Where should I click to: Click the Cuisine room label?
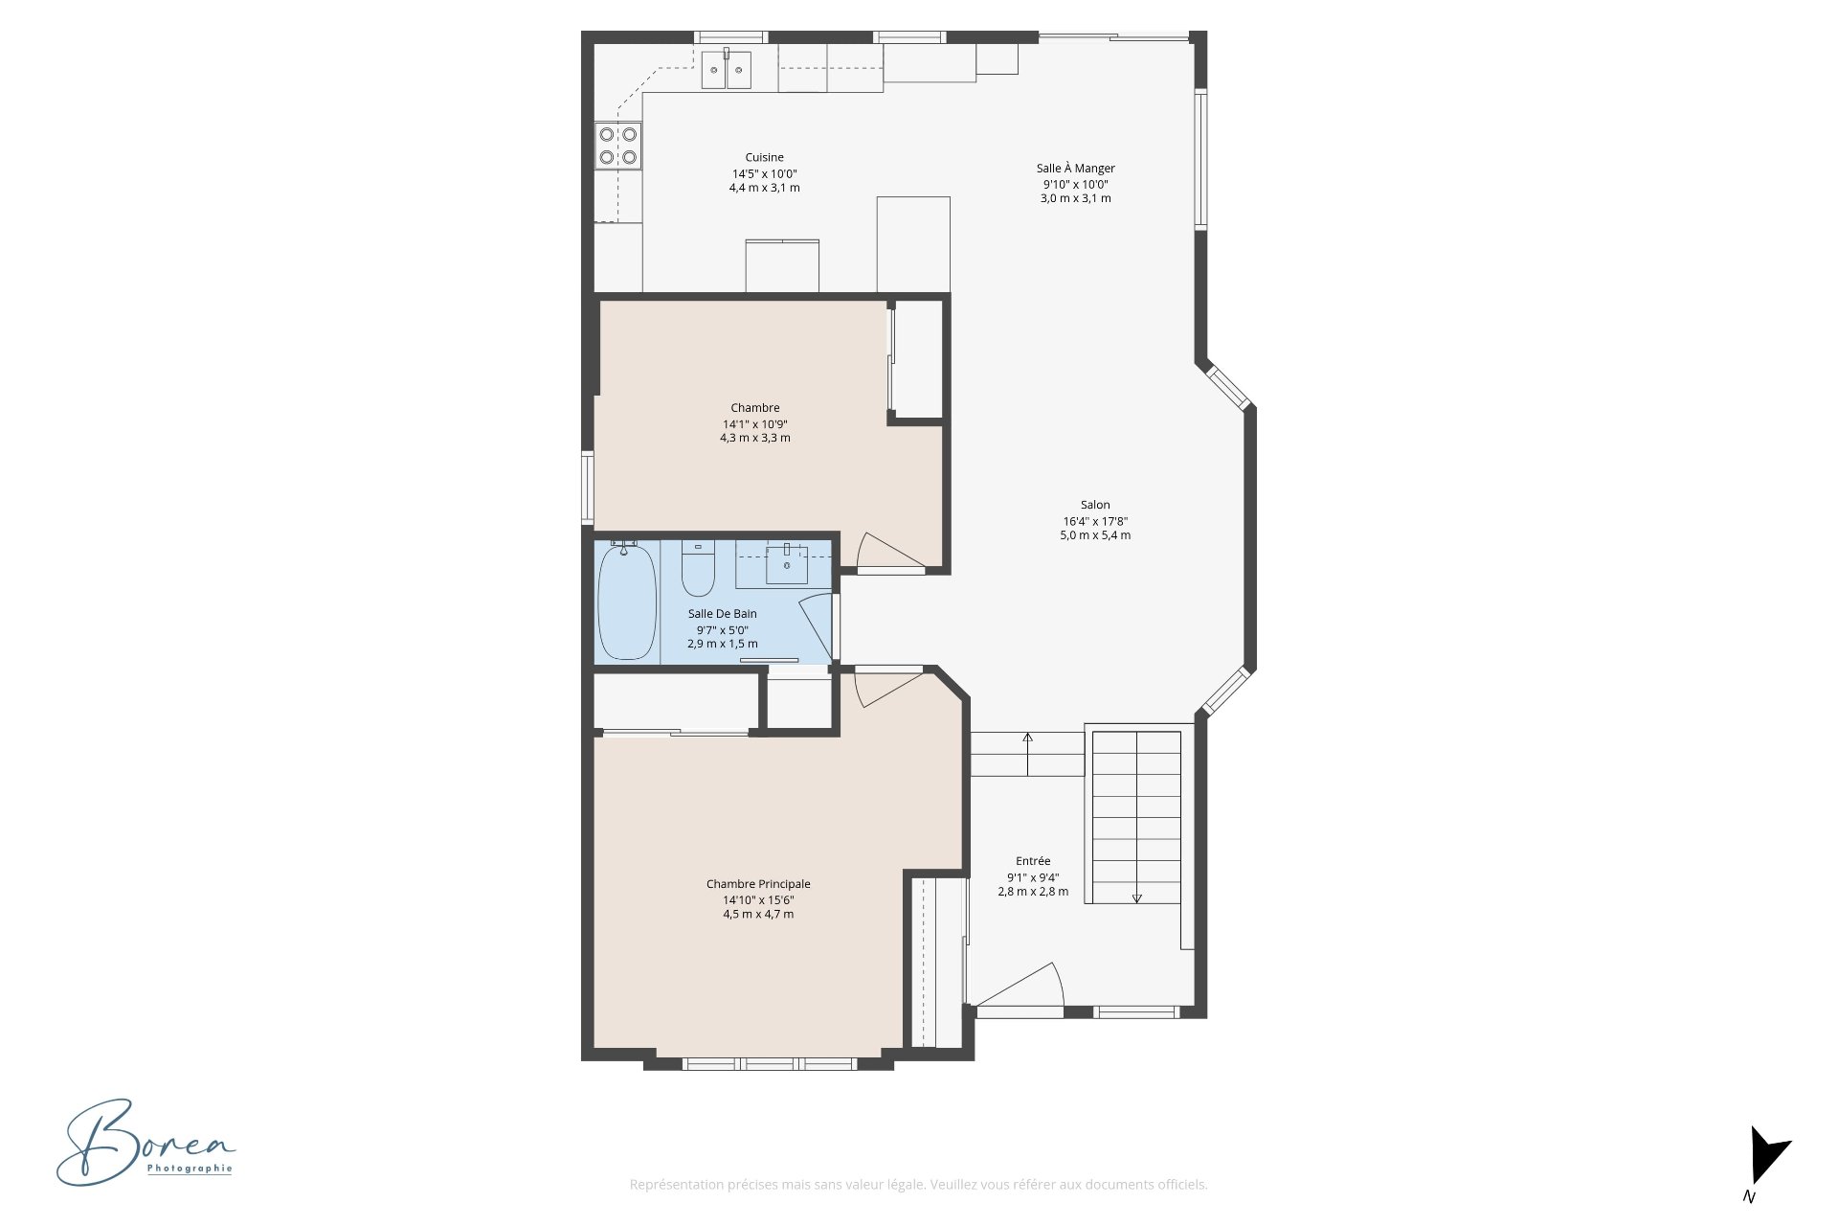click(x=764, y=157)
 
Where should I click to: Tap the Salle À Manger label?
click(x=1075, y=169)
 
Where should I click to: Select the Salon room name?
click(x=1095, y=505)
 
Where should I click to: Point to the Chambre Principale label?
click(x=758, y=884)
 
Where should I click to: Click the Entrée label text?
click(x=1033, y=861)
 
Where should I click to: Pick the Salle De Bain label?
click(x=722, y=614)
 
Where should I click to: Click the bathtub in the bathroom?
click(x=627, y=601)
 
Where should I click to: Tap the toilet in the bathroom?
click(x=698, y=569)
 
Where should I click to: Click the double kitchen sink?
click(x=727, y=69)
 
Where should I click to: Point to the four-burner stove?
click(x=618, y=147)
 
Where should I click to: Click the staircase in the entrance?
click(x=1137, y=817)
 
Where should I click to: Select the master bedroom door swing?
click(x=888, y=688)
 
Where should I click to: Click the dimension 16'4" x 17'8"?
click(x=1095, y=521)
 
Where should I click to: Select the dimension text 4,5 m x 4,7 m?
click(x=758, y=915)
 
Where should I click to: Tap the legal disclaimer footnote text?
click(x=918, y=1185)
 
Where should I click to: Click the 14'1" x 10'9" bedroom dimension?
click(x=755, y=423)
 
